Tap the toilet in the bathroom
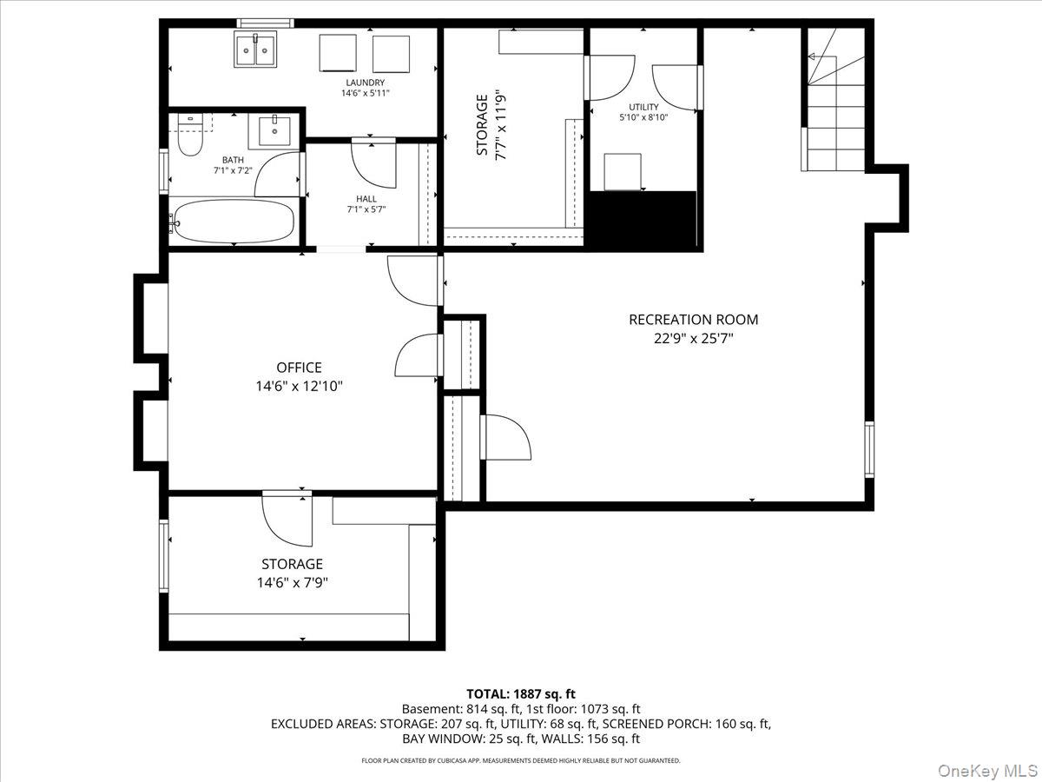click(x=189, y=136)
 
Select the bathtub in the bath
click(x=232, y=222)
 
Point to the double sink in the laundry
click(x=255, y=50)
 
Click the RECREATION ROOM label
click(x=693, y=320)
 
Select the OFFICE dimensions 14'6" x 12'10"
click(x=299, y=387)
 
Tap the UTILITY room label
click(x=643, y=107)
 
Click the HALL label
click(x=366, y=199)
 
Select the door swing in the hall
click(x=371, y=163)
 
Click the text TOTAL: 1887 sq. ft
click(x=521, y=693)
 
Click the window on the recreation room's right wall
click(x=869, y=449)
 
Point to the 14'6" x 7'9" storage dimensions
click(x=292, y=583)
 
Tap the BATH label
click(x=233, y=160)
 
